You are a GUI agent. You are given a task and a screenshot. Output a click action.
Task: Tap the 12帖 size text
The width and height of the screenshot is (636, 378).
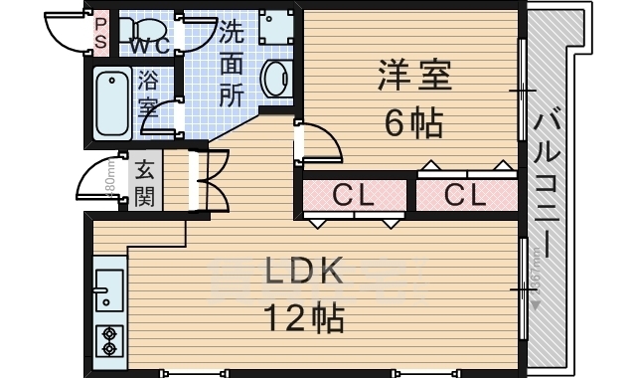point(302,317)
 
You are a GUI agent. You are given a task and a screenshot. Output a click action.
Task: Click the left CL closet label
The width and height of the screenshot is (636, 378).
point(353,196)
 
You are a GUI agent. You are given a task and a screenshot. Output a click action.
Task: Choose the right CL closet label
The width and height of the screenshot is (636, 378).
point(465,196)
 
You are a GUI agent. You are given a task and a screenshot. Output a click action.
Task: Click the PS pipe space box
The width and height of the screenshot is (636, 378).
point(100,34)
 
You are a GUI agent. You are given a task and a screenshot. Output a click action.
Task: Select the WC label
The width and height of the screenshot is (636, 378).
point(148,46)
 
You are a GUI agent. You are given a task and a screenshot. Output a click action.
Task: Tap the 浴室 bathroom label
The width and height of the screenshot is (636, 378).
point(149,92)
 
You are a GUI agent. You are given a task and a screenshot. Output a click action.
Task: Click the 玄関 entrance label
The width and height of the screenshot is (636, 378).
point(145,181)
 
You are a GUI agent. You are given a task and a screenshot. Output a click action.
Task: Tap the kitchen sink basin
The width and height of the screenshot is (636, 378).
point(108,288)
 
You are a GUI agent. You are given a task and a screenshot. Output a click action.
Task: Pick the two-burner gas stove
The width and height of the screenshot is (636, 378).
point(107,339)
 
